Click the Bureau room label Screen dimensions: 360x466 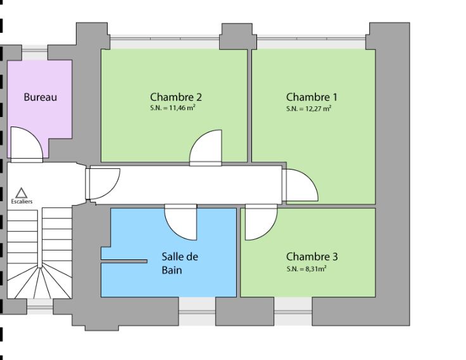pyautogui.click(x=40, y=97)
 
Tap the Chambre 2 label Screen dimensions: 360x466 pyautogui.click(x=175, y=97)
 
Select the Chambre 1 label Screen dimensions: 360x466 pyautogui.click(x=312, y=97)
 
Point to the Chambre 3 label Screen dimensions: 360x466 pyautogui.click(x=312, y=257)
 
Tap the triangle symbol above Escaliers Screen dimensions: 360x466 pyautogui.click(x=21, y=192)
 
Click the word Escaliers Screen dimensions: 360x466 pyautogui.click(x=22, y=202)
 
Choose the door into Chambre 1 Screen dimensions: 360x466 pyautogui.click(x=299, y=185)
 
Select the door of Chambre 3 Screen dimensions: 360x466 pyautogui.click(x=260, y=223)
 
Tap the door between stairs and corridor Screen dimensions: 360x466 pyautogui.click(x=103, y=184)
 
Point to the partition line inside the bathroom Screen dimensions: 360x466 pyautogui.click(x=124, y=261)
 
